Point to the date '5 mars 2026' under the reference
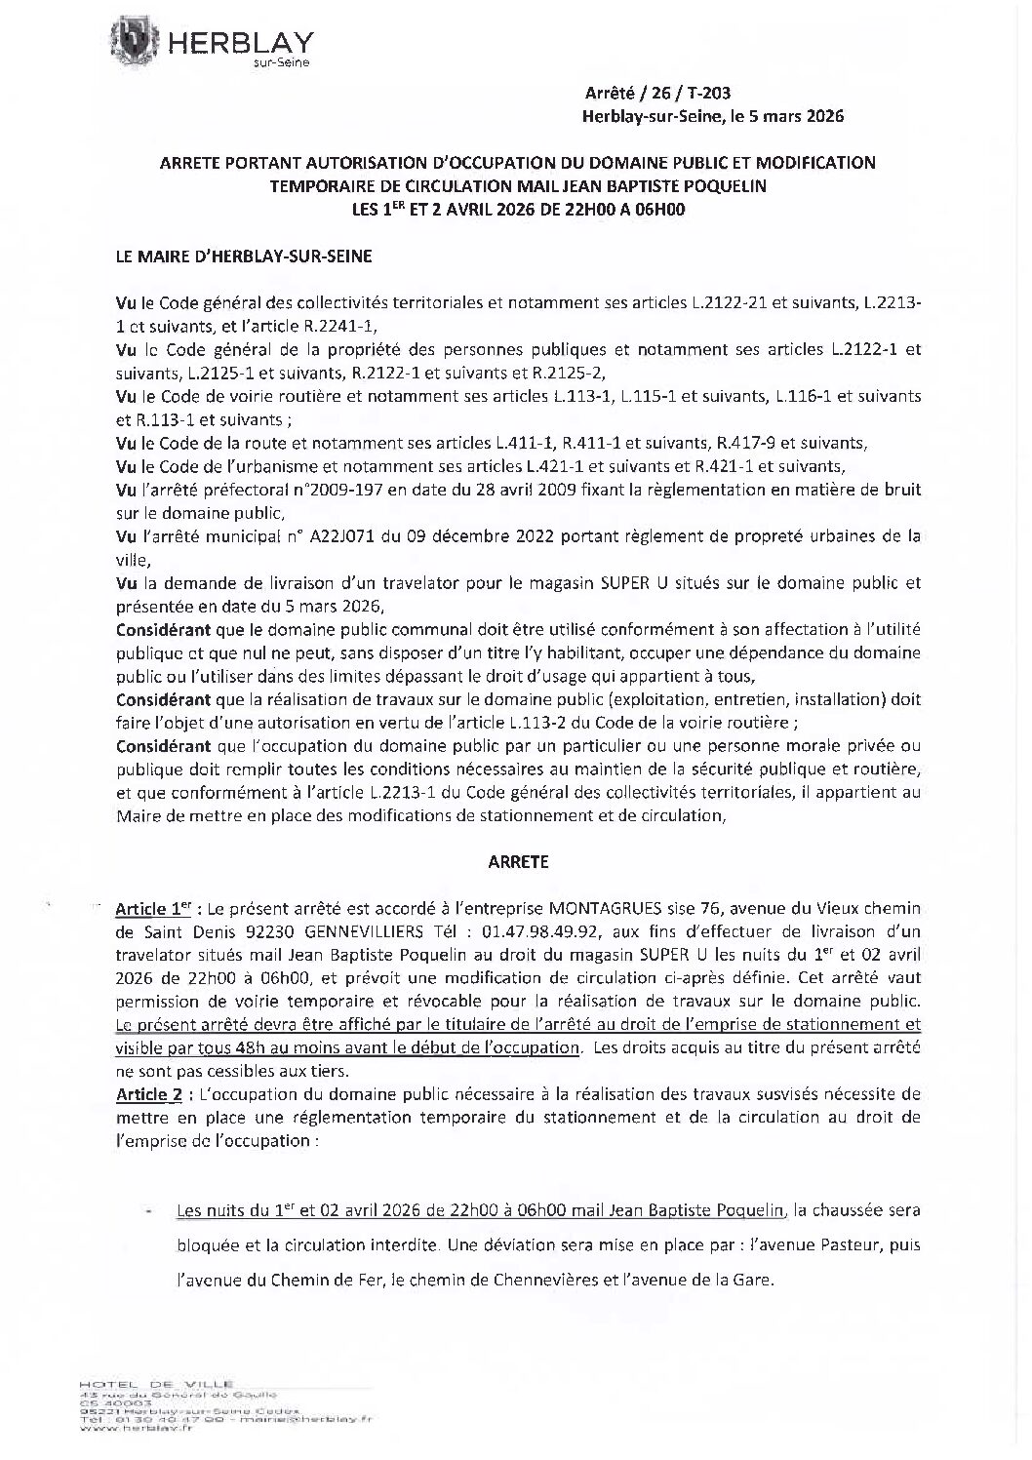pos(794,116)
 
